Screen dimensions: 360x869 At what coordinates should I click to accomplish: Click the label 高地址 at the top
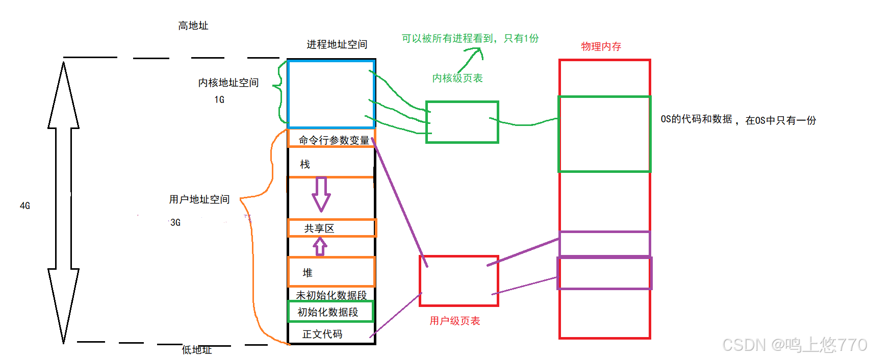(x=193, y=25)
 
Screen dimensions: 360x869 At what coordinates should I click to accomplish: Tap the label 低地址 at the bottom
(x=197, y=350)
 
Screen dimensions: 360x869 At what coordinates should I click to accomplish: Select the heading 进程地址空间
(x=337, y=44)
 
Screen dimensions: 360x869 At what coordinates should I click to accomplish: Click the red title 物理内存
(x=601, y=46)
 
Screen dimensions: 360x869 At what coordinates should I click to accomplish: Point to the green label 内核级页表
(x=457, y=78)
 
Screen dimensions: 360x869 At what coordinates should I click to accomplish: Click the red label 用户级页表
(x=455, y=321)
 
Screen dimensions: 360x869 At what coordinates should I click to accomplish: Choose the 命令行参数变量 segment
(x=334, y=140)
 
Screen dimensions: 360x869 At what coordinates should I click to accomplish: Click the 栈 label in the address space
(x=305, y=164)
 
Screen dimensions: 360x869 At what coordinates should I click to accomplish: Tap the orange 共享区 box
(x=331, y=228)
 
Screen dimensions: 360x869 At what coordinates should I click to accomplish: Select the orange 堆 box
(x=331, y=272)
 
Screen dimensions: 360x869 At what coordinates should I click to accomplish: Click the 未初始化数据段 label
(x=331, y=295)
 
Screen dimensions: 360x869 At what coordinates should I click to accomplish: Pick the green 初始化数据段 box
(x=330, y=312)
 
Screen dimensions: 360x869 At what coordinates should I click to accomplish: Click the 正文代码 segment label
(x=322, y=334)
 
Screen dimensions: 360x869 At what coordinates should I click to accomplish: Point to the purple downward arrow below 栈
(x=321, y=194)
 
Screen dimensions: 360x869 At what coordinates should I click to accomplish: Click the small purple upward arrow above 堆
(x=320, y=247)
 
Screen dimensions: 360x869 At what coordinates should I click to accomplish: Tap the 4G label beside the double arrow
(x=25, y=205)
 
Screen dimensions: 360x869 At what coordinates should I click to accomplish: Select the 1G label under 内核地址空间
(x=219, y=99)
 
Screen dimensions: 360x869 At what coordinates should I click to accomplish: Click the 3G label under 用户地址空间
(x=175, y=222)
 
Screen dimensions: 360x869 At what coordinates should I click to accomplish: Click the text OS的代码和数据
(x=696, y=119)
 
